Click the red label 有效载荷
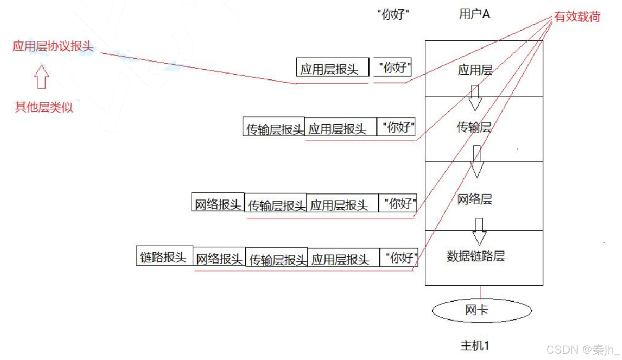[577, 17]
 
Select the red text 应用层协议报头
[53, 46]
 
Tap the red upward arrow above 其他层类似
[41, 77]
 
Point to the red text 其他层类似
[44, 108]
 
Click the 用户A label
[474, 14]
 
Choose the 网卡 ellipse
[482, 310]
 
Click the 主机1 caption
[475, 345]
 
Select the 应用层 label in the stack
[475, 70]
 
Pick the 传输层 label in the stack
[474, 127]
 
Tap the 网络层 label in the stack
[475, 199]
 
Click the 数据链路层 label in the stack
[476, 256]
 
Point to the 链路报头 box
[164, 257]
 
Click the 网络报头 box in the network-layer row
[218, 203]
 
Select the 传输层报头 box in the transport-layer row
[274, 127]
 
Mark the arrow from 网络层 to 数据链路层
[479, 231]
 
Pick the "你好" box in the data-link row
[399, 258]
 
